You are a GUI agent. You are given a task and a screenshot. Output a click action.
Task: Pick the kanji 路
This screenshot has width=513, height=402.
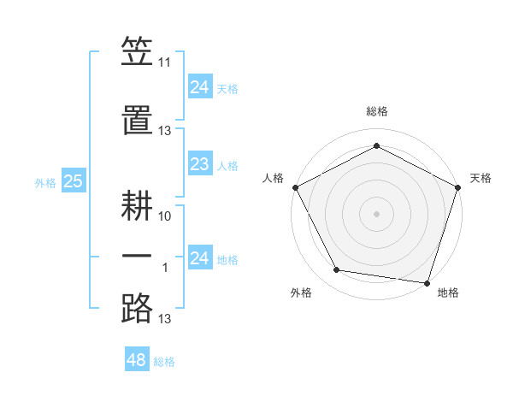(x=137, y=306)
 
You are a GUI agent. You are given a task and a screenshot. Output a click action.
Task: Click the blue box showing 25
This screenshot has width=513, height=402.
(x=74, y=181)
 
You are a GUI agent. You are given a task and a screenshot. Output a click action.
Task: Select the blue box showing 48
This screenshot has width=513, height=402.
(x=137, y=360)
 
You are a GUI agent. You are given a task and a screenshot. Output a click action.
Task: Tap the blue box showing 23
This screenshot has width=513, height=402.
(x=199, y=164)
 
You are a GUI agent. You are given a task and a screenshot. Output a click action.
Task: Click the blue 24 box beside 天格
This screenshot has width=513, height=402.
(x=199, y=87)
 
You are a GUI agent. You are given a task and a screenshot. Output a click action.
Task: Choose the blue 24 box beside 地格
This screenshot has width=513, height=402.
(x=199, y=258)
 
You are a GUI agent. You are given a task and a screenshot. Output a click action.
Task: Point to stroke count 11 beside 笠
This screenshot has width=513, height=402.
(x=165, y=63)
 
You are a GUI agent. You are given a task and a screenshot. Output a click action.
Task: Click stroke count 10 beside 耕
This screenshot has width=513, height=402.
(x=165, y=216)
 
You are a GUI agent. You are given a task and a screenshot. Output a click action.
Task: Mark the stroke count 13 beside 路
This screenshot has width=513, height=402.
(x=165, y=319)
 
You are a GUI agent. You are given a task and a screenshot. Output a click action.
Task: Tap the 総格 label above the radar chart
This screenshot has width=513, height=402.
(x=376, y=111)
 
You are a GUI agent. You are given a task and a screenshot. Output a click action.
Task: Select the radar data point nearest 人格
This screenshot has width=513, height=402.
(x=295, y=186)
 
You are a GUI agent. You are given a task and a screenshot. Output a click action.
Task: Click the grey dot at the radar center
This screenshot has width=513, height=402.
(x=376, y=213)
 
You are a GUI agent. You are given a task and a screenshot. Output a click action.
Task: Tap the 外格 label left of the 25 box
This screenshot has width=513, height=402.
(x=44, y=182)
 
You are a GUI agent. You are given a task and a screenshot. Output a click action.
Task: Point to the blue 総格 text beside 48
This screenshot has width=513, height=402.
(x=164, y=362)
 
